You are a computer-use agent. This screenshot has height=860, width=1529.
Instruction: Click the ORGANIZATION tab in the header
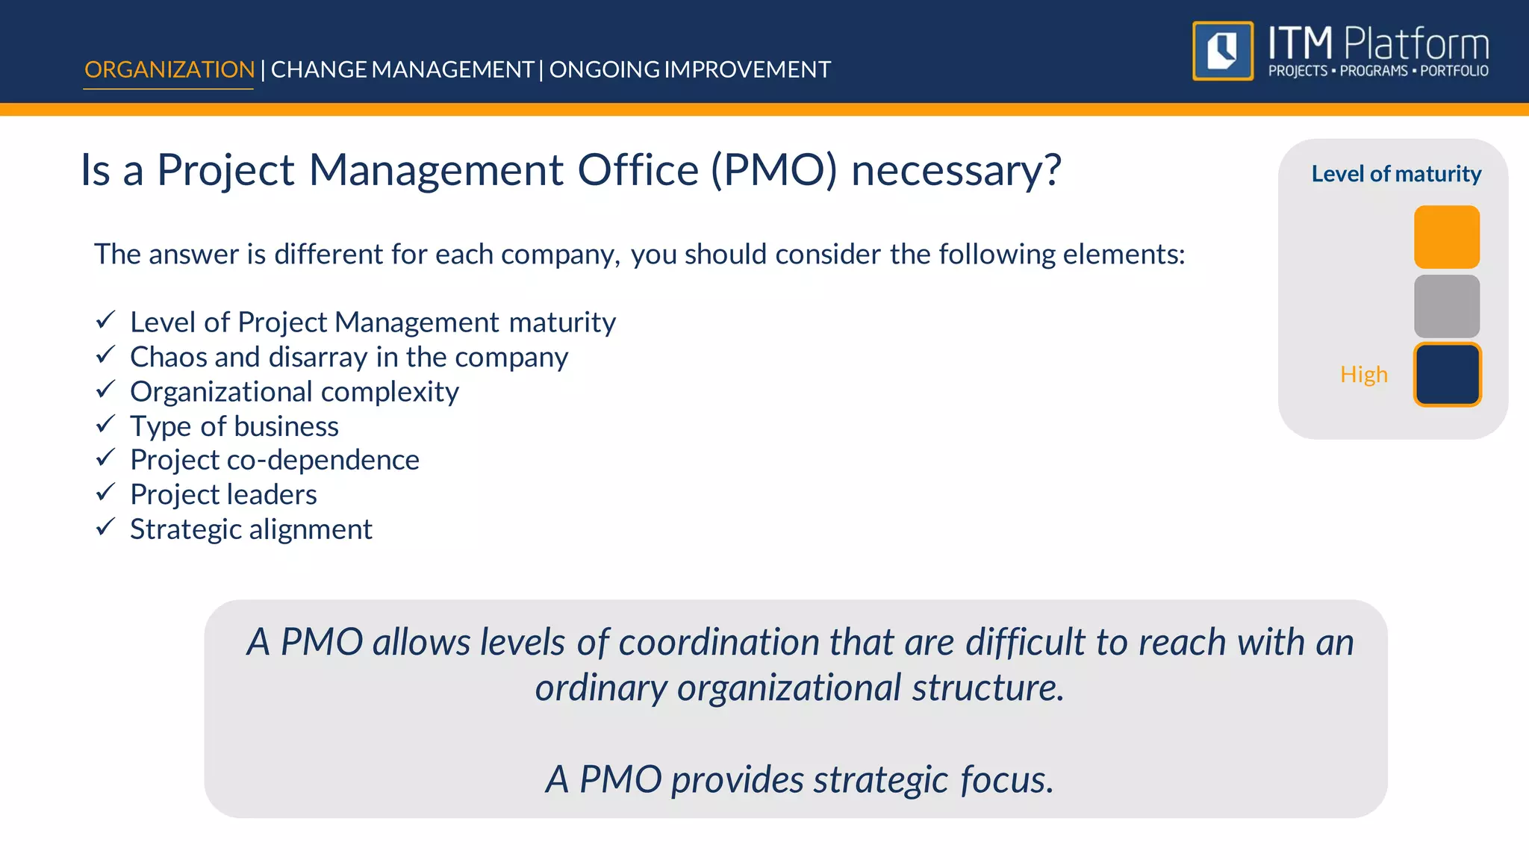[x=169, y=69]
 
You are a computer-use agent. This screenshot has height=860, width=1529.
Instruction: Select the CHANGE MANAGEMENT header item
[x=402, y=69]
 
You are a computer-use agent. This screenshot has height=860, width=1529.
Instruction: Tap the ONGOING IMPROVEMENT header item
[x=690, y=69]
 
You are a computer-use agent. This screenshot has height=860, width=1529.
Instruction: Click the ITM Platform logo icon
[x=1222, y=51]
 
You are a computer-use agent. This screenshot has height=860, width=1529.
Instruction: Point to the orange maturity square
[x=1446, y=237]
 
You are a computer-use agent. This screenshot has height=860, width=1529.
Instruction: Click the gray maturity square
[x=1446, y=306]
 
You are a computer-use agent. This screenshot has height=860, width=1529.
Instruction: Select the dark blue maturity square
[x=1446, y=375]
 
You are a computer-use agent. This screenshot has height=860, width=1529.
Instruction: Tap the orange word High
[x=1363, y=374]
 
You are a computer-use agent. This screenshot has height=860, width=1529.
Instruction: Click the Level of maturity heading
[x=1396, y=174]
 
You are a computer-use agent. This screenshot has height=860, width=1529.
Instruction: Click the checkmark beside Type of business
[x=105, y=424]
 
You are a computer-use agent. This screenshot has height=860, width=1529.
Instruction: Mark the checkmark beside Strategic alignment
[x=105, y=527]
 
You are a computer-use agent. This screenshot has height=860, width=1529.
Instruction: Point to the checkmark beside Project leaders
[x=105, y=492]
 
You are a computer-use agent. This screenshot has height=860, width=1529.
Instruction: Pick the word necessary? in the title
[x=956, y=170]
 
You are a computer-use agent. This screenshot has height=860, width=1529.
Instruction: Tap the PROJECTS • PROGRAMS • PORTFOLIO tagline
[x=1378, y=71]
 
